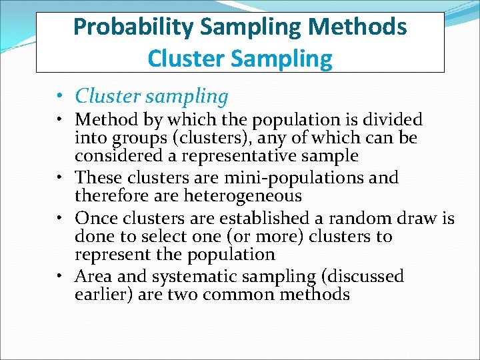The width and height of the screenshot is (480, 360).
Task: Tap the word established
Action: pyautogui.click(x=255, y=218)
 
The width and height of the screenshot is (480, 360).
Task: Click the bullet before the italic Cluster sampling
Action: pyautogui.click(x=61, y=96)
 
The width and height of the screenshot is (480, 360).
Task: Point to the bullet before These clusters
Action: pyautogui.click(x=61, y=178)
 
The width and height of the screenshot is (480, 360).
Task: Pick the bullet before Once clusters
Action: pyautogui.click(x=61, y=218)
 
